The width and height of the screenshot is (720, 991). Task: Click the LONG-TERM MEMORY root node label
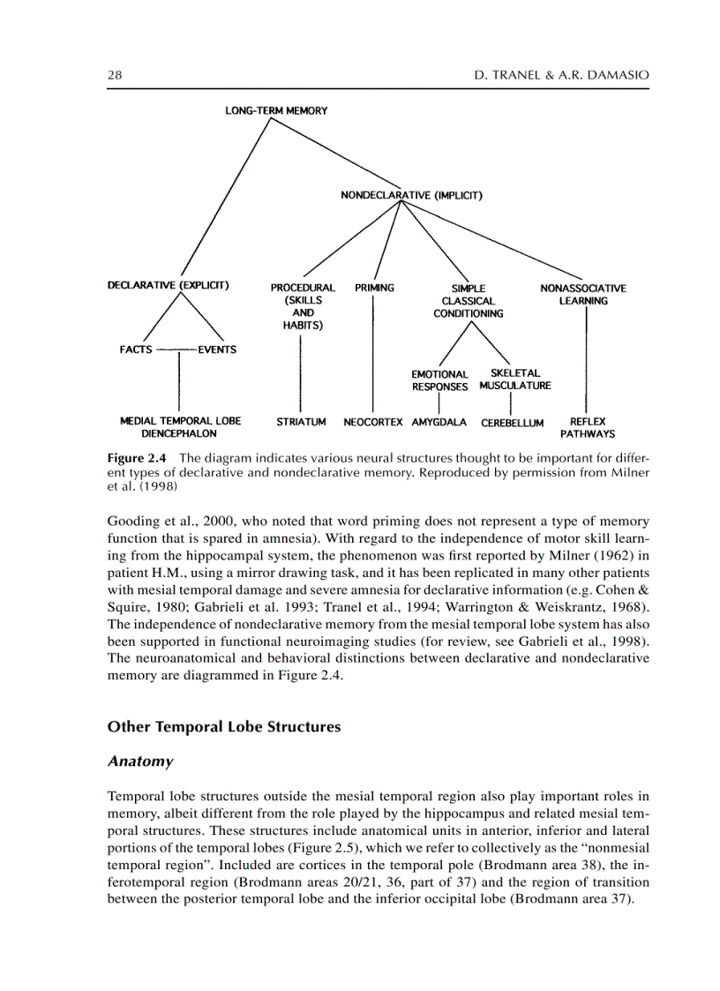coord(275,110)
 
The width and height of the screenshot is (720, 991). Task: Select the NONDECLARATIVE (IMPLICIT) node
coord(410,195)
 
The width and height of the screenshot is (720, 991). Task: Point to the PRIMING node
coord(374,288)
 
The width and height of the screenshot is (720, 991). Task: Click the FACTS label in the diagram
coord(136,349)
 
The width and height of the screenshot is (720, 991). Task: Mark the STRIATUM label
coord(301,422)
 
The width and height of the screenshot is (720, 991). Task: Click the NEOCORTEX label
coord(374,422)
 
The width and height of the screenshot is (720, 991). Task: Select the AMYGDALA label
coord(439,422)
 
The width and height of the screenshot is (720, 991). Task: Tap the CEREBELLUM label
coord(512,423)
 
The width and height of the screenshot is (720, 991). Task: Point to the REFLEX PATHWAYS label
coord(588,428)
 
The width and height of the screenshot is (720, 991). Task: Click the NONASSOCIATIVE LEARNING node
coord(583,294)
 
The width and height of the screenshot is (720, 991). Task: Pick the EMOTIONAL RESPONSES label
coord(439,380)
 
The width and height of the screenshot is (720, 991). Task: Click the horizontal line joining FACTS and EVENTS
coord(176,349)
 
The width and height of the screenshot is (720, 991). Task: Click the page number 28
coord(115,76)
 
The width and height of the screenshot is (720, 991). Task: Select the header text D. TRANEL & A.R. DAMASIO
coord(561,76)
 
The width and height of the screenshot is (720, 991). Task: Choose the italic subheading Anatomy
coord(139,761)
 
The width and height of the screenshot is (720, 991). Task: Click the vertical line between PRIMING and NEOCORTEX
coord(374,353)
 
